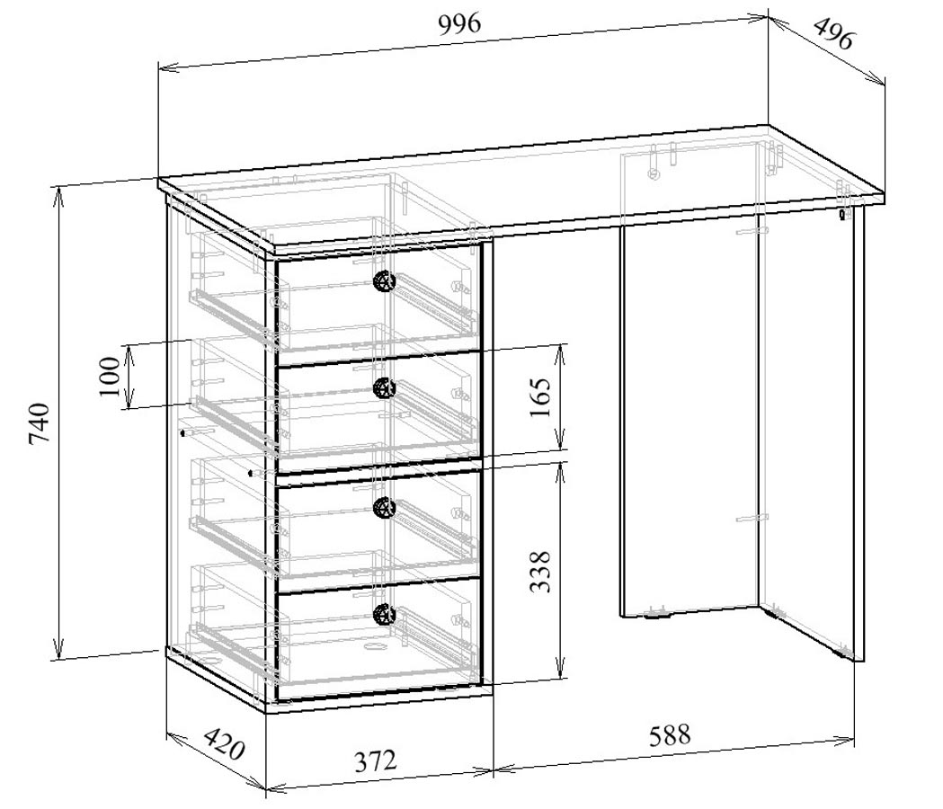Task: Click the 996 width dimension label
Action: click(460, 24)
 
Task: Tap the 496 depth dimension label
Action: click(833, 34)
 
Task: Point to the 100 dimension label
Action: click(110, 377)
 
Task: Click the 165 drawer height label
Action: click(540, 397)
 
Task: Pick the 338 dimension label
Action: click(540, 572)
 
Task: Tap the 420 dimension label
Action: click(224, 744)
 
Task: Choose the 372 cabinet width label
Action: click(375, 761)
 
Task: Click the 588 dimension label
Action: click(670, 735)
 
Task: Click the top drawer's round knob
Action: click(384, 280)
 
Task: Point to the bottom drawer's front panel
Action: click(378, 640)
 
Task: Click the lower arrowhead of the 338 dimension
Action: click(560, 671)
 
